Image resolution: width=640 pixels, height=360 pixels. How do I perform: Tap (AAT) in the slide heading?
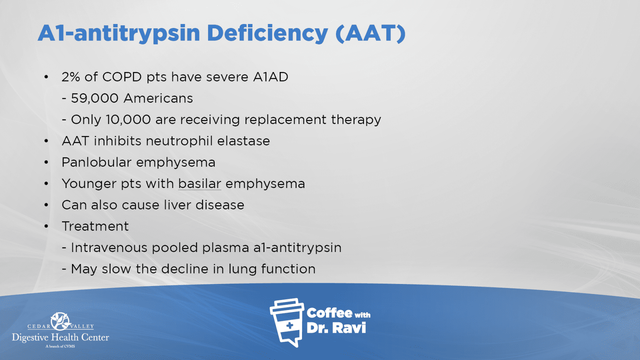click(x=370, y=33)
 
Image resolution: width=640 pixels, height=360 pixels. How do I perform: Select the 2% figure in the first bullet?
click(x=71, y=77)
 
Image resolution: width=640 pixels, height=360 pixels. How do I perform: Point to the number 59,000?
click(x=94, y=98)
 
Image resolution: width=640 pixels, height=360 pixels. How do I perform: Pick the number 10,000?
click(x=128, y=120)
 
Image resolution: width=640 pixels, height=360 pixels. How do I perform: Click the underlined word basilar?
click(x=200, y=184)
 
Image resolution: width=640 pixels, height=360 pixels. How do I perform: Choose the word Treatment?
click(x=95, y=226)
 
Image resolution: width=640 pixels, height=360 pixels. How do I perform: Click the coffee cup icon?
click(x=287, y=322)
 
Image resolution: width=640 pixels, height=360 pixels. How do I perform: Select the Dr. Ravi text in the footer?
click(x=336, y=328)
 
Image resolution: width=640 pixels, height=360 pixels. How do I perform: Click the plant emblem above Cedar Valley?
click(x=60, y=321)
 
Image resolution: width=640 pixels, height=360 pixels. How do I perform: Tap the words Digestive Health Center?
click(x=60, y=338)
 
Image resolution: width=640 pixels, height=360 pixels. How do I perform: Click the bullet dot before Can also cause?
click(x=46, y=205)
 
